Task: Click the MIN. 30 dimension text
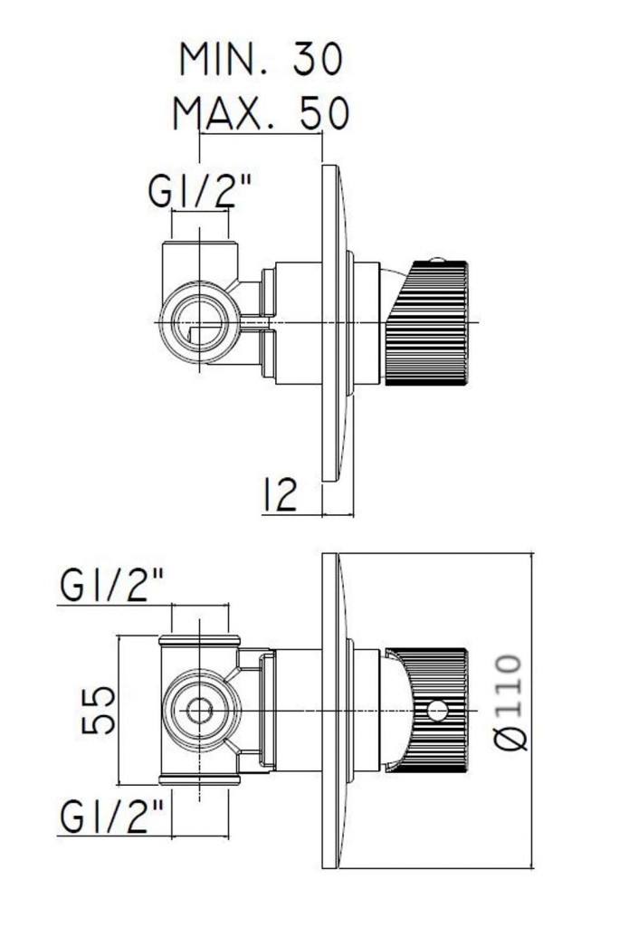click(261, 60)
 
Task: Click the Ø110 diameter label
click(510, 702)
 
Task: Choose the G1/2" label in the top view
click(198, 191)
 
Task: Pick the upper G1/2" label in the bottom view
click(114, 587)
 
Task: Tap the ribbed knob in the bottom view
click(434, 711)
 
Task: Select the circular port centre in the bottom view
click(199, 711)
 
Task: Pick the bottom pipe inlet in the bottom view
click(199, 780)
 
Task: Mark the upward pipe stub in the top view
click(199, 258)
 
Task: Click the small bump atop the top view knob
click(439, 260)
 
